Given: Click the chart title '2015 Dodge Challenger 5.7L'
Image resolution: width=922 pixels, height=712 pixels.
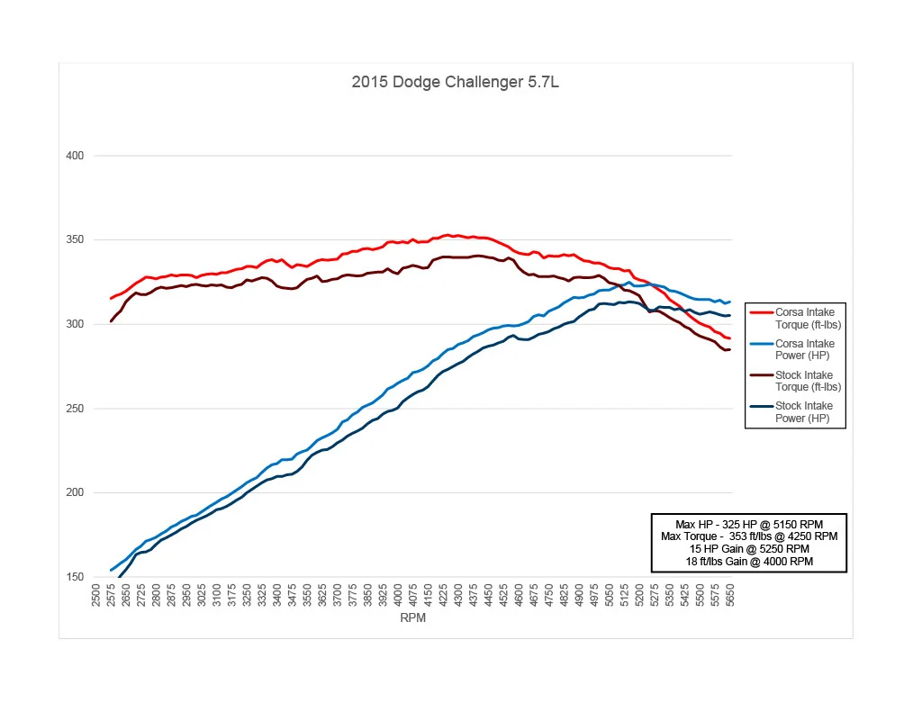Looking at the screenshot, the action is pos(455,82).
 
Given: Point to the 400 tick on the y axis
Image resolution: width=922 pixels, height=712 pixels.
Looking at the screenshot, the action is pos(75,156).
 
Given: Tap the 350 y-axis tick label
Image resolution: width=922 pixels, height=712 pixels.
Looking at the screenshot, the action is pos(75,239).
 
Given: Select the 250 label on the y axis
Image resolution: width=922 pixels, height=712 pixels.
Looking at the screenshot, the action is pos(75,409).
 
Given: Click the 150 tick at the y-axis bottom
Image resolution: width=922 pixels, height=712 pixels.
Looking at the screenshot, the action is pos(75,577).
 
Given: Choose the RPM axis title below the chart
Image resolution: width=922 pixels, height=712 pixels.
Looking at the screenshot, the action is pos(412,617).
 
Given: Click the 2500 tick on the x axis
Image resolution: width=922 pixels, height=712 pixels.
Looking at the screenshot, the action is pos(95,595).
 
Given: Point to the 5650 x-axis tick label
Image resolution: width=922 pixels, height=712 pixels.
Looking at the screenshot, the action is pos(729,595).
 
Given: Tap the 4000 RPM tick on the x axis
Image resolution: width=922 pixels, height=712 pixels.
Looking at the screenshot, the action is pos(397,595).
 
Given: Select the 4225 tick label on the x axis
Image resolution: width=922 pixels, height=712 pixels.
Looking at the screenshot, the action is pos(443,595).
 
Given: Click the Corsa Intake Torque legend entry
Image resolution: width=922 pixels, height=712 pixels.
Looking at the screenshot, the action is pos(796,318).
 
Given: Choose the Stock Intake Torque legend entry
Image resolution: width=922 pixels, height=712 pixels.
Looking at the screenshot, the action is pos(796,381).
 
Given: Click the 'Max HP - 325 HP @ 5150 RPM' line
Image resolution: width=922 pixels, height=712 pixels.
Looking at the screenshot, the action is pos(749,525).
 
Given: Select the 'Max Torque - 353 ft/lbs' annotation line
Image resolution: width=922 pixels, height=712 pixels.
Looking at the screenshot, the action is pos(749,536).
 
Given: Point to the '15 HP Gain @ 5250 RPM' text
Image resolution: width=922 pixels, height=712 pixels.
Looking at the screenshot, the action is pos(749,549).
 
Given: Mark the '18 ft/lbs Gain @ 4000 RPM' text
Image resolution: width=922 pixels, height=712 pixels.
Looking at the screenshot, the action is pos(749,562).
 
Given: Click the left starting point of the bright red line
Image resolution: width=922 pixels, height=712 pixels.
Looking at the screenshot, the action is pos(111,299).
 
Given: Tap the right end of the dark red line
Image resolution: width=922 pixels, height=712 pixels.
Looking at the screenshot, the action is pos(729,350).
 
